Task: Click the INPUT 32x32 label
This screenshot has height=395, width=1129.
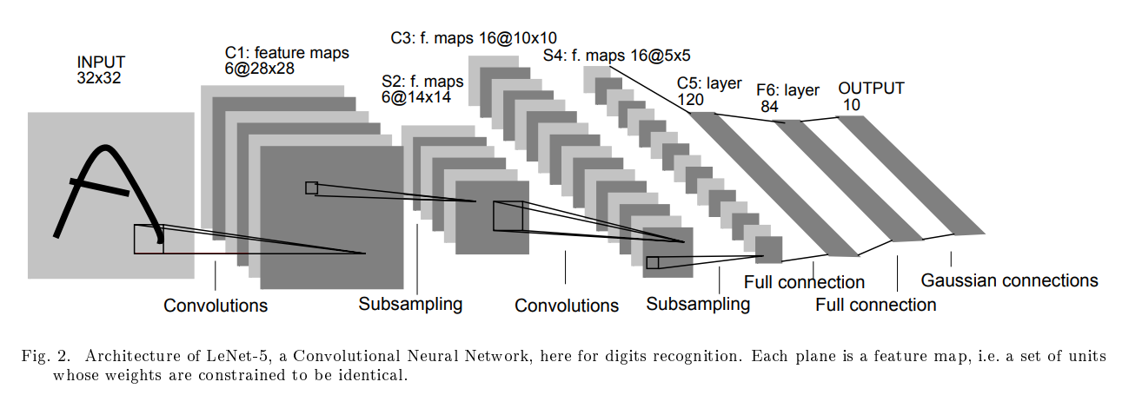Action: [101, 69]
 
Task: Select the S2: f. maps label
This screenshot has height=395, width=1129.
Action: [422, 89]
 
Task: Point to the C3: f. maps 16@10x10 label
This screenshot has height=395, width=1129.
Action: [474, 37]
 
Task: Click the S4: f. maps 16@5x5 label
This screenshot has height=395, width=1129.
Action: [617, 56]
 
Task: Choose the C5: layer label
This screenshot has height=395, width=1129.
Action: [709, 83]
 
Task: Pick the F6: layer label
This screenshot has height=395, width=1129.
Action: [787, 90]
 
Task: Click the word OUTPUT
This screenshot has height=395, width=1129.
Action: [871, 89]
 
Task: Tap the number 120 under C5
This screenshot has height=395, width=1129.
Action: [691, 100]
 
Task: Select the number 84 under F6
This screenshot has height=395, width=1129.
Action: [769, 107]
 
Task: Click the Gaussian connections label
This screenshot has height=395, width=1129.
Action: [1009, 280]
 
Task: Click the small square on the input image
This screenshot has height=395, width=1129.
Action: [149, 239]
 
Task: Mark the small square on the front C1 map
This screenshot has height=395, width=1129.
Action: [311, 188]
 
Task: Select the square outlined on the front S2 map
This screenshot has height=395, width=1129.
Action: [508, 216]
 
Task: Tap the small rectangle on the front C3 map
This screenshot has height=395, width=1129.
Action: [653, 262]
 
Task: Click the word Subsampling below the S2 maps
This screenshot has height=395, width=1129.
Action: [410, 304]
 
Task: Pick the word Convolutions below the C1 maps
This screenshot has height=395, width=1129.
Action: [216, 306]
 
